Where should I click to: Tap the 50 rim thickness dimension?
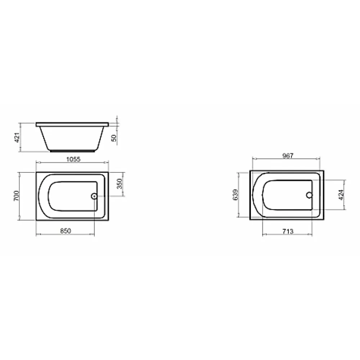[114, 138]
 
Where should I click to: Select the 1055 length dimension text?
[73, 159]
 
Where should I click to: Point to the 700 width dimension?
[17, 196]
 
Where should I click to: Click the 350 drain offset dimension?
[120, 184]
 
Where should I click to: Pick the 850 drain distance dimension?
[66, 231]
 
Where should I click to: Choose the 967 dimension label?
[288, 156]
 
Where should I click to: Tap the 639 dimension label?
[235, 195]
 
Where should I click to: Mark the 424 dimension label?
[341, 195]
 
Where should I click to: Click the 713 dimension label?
[288, 231]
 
